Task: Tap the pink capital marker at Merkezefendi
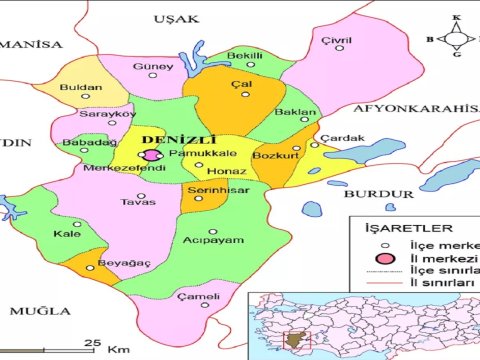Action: pos(151,155)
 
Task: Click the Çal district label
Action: pos(240,85)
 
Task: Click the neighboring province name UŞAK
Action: pos(176,18)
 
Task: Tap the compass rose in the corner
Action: pos(456,38)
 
